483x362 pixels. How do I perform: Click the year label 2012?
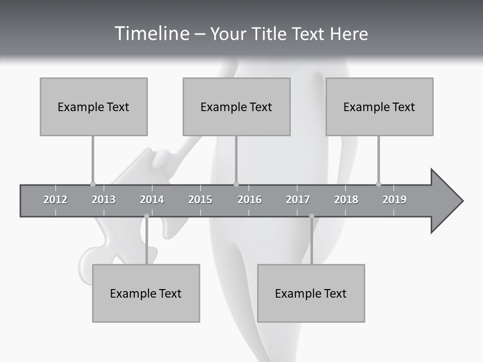pyautogui.click(x=55, y=200)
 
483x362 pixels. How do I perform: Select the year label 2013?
pyautogui.click(x=104, y=200)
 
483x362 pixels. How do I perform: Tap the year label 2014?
pyautogui.click(x=152, y=200)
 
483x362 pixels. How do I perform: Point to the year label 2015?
pyautogui.click(x=200, y=200)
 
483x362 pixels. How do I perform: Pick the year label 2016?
pyautogui.click(x=250, y=200)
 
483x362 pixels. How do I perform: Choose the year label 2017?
pyautogui.click(x=298, y=200)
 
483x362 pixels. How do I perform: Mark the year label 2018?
pyautogui.click(x=346, y=200)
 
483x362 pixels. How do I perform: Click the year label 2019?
pyautogui.click(x=394, y=200)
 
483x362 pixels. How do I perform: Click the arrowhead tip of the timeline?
pyautogui.click(x=462, y=201)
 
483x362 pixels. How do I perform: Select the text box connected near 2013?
pyautogui.click(x=94, y=107)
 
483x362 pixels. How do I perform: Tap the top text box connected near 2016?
pyautogui.click(x=236, y=107)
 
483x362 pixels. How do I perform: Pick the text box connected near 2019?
pyautogui.click(x=379, y=107)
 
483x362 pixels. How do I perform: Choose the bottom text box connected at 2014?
pyautogui.click(x=146, y=293)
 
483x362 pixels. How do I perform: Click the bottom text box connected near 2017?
pyautogui.click(x=311, y=293)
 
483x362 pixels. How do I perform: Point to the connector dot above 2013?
pyautogui.click(x=93, y=184)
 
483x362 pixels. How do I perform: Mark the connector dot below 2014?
pyautogui.click(x=146, y=216)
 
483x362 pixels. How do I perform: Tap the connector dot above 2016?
pyautogui.click(x=236, y=184)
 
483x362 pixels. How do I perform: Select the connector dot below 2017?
pyautogui.click(x=311, y=216)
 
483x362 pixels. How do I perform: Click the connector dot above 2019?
pyautogui.click(x=378, y=184)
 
